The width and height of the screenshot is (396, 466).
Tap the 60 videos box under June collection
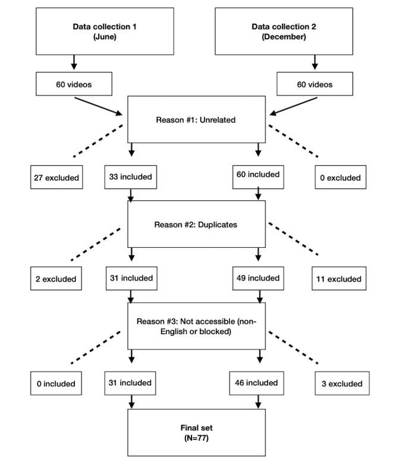[x=73, y=84]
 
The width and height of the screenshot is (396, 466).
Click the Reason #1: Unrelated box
[x=194, y=119]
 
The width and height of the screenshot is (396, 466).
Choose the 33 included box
[x=131, y=176]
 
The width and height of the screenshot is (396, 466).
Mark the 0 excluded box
[x=338, y=177]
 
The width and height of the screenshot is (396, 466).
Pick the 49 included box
[x=257, y=278]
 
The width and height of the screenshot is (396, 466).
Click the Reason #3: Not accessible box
[x=194, y=326]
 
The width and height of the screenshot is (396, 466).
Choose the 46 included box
[x=257, y=383]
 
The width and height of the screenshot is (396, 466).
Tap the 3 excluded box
[x=338, y=383]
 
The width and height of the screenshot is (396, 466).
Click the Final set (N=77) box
[x=194, y=432]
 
